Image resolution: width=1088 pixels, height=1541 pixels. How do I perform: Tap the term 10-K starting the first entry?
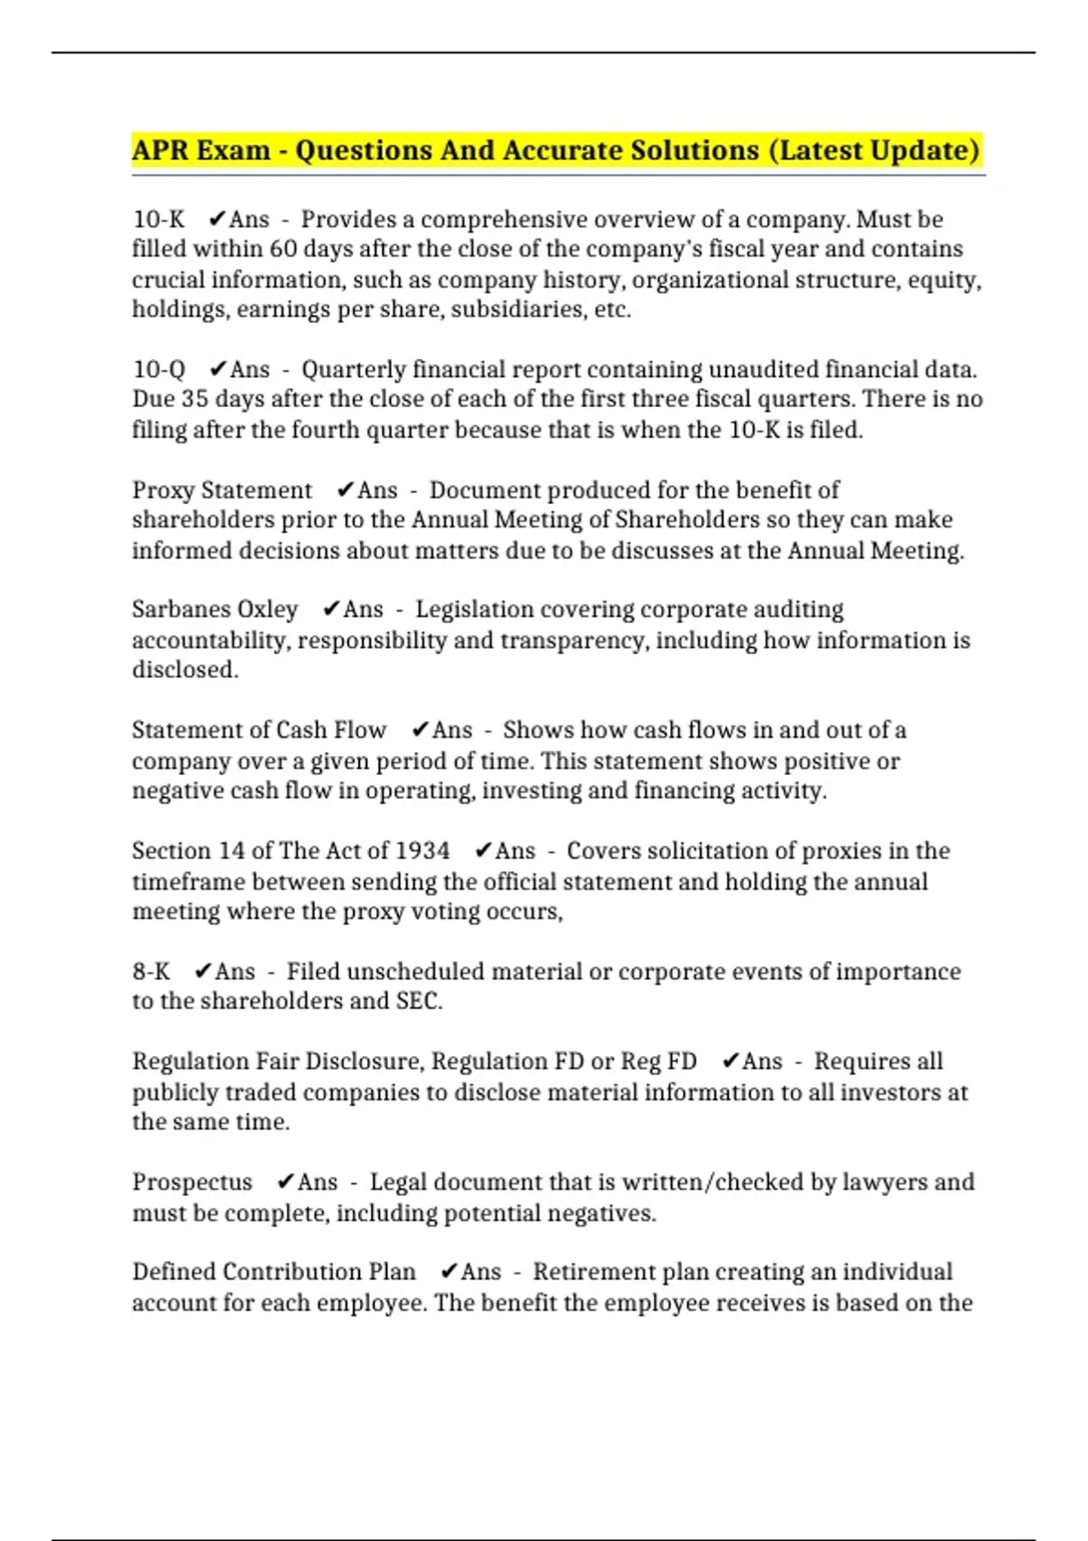pos(159,219)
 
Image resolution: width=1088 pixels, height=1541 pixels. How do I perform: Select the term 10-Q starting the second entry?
pos(159,370)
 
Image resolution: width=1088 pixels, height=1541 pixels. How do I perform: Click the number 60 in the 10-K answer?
pos(283,249)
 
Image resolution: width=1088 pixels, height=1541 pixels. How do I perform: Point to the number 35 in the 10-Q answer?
pos(195,400)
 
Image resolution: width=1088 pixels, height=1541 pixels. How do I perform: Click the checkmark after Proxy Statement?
pos(345,490)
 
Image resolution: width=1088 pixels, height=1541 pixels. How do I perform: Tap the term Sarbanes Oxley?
pos(215,610)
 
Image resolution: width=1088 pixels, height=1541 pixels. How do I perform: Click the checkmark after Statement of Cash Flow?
pos(420,731)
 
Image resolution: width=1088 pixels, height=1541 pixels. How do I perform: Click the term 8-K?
pos(151,972)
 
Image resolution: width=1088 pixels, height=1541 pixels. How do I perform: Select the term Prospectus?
pos(192,1182)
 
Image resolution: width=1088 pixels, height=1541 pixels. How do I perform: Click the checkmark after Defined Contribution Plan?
pos(449,1272)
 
